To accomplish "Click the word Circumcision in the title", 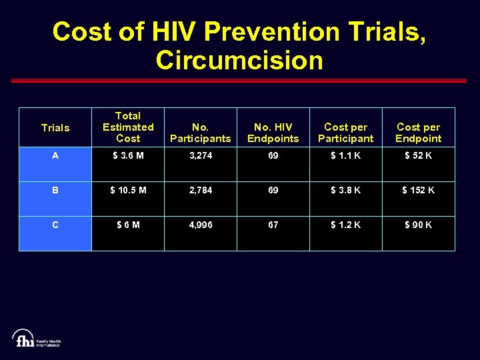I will (x=239, y=60).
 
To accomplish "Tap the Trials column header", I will (x=55, y=127).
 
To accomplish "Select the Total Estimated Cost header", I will (x=128, y=127).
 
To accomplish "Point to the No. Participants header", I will (x=201, y=133).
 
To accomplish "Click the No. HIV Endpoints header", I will (x=273, y=133).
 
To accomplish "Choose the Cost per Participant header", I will (x=346, y=133).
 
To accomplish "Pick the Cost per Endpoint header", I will (x=419, y=133).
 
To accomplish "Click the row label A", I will (x=55, y=155).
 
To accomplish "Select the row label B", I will (x=55, y=190).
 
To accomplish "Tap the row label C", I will (x=55, y=225).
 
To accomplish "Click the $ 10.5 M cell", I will (x=128, y=190).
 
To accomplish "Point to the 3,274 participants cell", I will (x=201, y=155).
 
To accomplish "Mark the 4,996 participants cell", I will (x=201, y=225).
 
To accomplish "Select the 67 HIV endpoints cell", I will (x=273, y=225).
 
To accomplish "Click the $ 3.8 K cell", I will (x=346, y=190).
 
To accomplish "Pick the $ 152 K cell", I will (x=419, y=190).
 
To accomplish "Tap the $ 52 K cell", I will (x=419, y=155).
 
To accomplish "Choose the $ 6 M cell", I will (x=128, y=225).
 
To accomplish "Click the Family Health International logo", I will (x=37, y=338).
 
